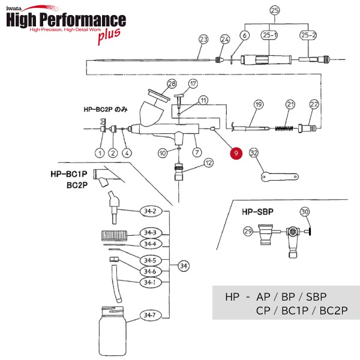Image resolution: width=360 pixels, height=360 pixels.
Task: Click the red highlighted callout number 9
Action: tap(236, 153)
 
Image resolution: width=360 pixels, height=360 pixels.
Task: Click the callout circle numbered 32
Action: tap(254, 153)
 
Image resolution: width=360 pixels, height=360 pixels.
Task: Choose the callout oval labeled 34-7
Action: tap(149, 314)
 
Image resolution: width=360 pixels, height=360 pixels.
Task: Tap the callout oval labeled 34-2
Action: tap(149, 211)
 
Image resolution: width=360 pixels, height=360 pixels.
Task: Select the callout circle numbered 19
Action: tap(259, 104)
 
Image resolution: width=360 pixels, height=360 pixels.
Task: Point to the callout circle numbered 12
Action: tap(208, 162)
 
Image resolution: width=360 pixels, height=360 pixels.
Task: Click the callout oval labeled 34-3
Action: tap(149, 233)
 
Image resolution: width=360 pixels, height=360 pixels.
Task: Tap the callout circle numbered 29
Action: tap(248, 232)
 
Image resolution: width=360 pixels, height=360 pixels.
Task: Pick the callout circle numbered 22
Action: tap(314, 104)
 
